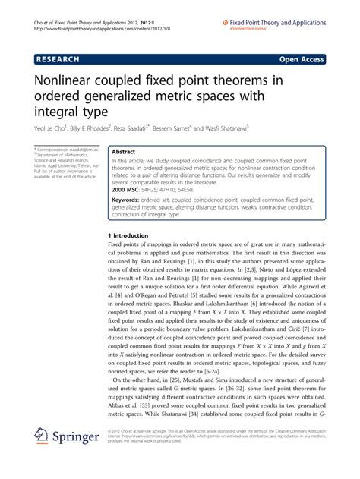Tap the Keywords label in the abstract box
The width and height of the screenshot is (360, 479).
128,200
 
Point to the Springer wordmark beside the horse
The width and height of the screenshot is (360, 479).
79,439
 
